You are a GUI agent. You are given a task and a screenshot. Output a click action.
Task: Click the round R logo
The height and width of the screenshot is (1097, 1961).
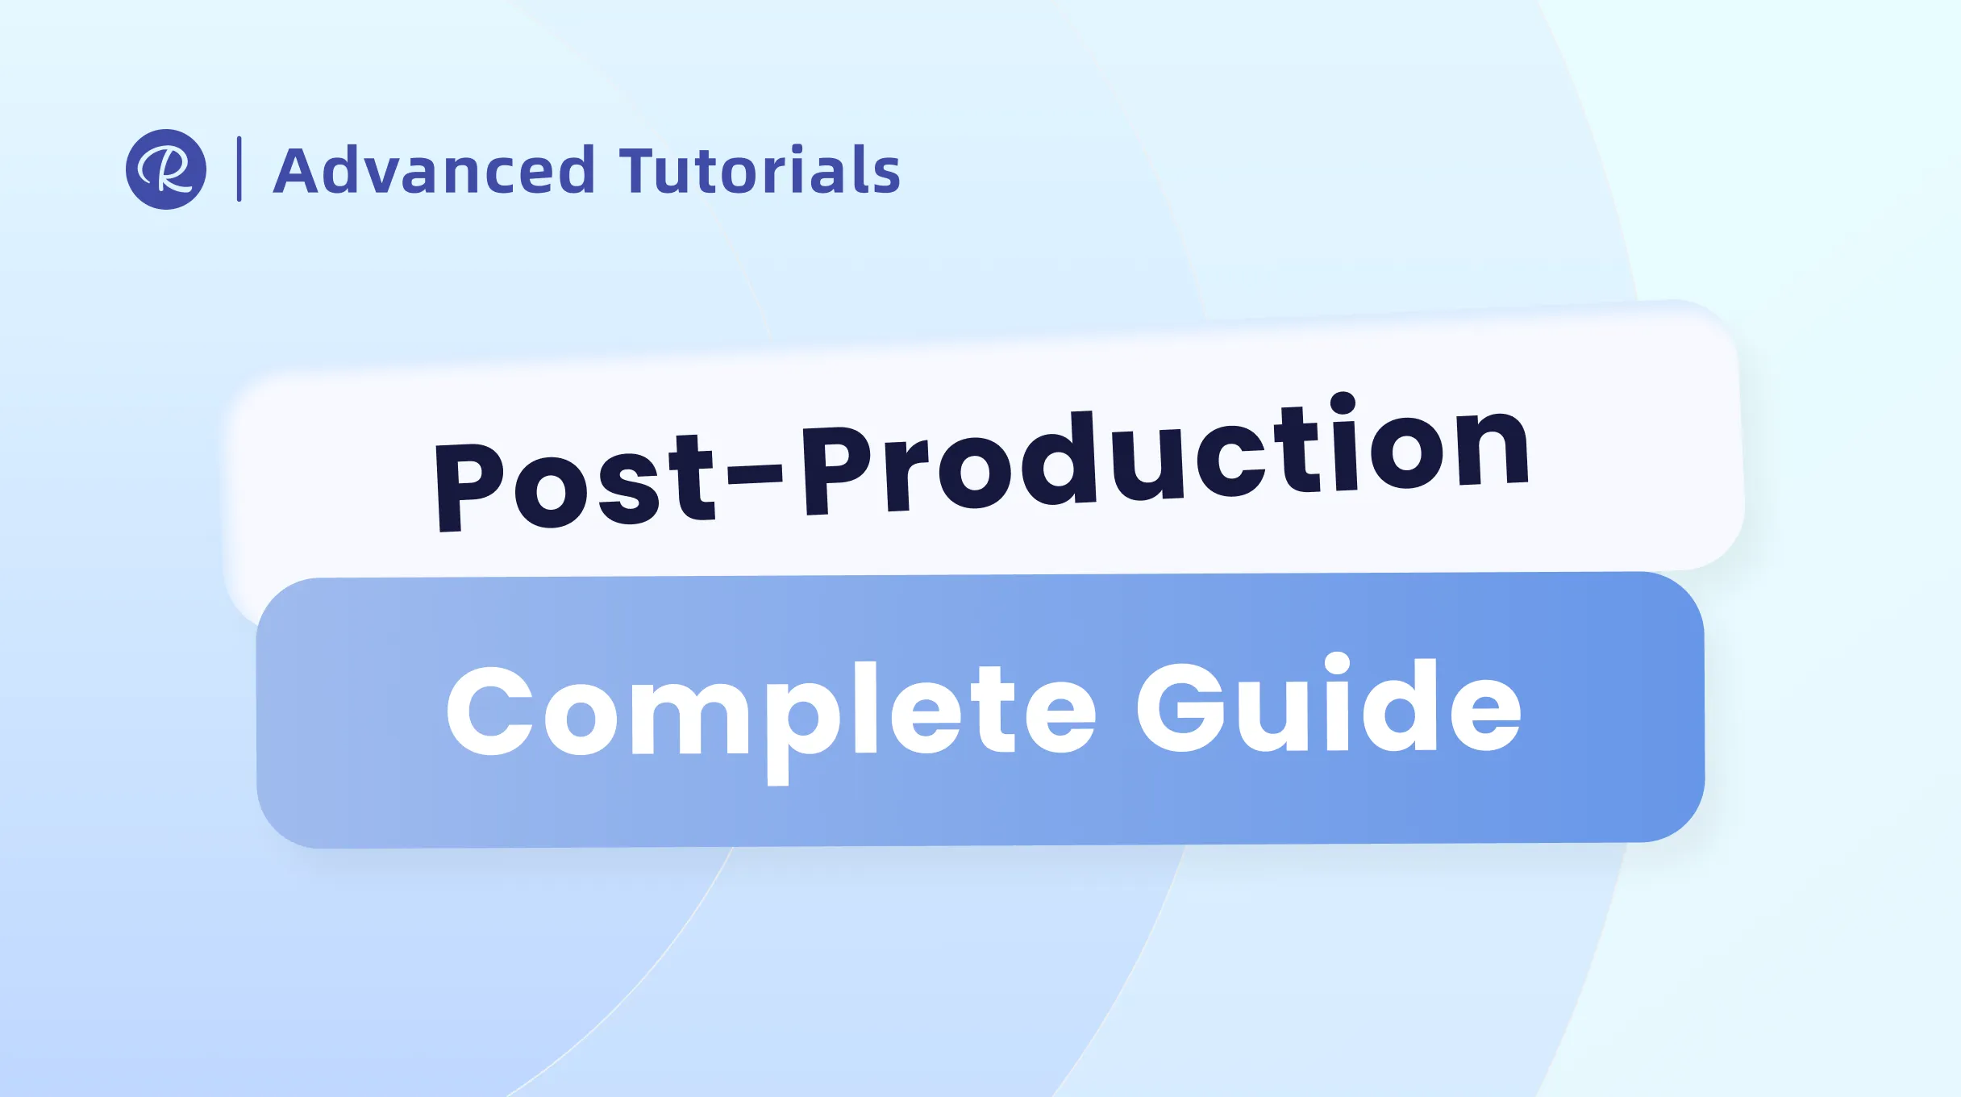(166, 169)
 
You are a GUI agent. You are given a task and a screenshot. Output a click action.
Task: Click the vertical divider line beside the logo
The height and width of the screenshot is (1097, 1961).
(239, 169)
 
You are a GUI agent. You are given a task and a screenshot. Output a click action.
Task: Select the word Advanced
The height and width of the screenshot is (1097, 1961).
(435, 170)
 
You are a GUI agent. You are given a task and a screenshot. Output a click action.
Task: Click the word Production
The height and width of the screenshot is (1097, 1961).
(1165, 454)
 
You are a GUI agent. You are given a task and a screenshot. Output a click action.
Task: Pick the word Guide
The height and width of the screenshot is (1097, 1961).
(1329, 702)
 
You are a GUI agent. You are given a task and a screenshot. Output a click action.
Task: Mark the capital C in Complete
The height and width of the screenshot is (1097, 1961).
(490, 711)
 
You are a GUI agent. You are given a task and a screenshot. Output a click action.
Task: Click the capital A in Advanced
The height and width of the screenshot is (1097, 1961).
(300, 171)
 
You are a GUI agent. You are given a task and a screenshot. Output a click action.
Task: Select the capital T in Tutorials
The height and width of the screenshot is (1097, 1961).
(642, 170)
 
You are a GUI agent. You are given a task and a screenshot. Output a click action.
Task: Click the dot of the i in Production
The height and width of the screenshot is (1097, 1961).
(1343, 404)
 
